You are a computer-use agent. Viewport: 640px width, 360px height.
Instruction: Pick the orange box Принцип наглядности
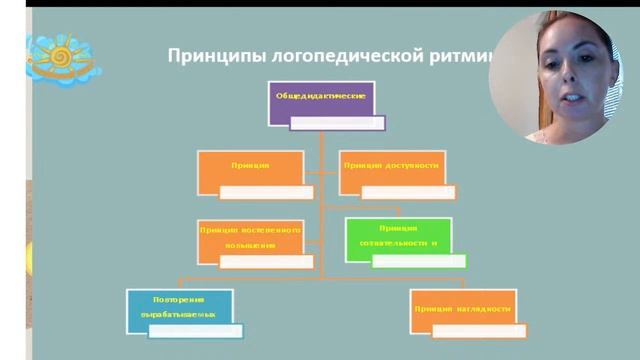[462, 311]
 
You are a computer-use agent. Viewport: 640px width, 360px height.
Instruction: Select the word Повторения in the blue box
[180, 299]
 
